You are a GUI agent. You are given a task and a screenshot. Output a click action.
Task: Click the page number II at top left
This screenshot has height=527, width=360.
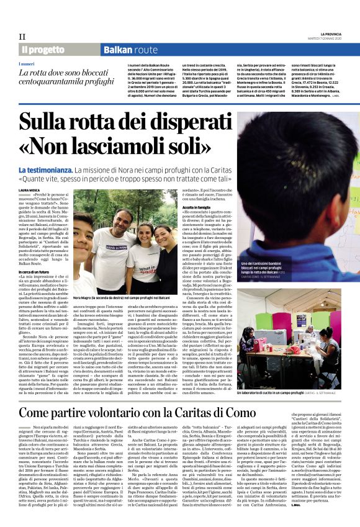coord(22,37)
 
